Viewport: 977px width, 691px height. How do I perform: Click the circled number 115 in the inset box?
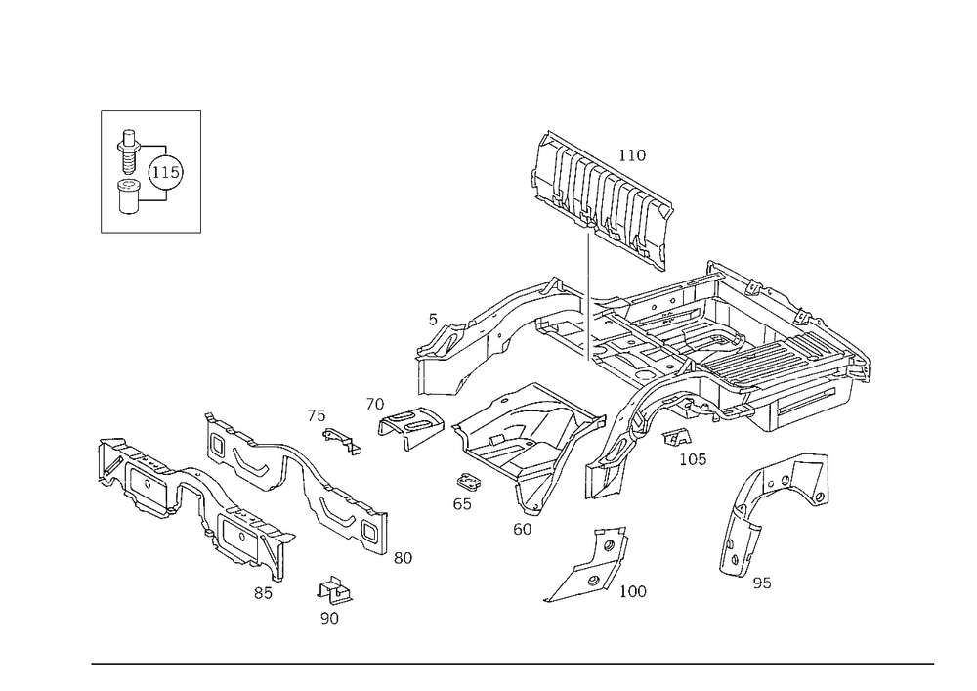(166, 173)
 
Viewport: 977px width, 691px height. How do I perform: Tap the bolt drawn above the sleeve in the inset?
(128, 152)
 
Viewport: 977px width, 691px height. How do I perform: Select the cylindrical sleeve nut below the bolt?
(128, 196)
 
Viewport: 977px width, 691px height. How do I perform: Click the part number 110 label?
(632, 155)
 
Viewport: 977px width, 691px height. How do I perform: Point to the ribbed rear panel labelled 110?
(603, 200)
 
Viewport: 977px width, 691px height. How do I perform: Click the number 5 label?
(433, 320)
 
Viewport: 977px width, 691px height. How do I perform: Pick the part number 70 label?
(374, 405)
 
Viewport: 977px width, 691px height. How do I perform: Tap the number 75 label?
(316, 415)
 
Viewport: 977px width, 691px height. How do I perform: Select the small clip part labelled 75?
(342, 441)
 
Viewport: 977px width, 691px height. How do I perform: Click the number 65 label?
(462, 504)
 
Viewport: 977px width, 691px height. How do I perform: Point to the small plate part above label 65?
(468, 482)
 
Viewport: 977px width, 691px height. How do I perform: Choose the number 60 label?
(522, 529)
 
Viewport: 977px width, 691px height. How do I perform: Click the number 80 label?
(403, 558)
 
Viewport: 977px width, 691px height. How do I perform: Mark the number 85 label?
(263, 593)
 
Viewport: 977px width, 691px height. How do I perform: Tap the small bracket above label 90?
(335, 590)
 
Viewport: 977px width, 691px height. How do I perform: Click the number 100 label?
(632, 591)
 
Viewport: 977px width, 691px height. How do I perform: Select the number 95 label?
(762, 583)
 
